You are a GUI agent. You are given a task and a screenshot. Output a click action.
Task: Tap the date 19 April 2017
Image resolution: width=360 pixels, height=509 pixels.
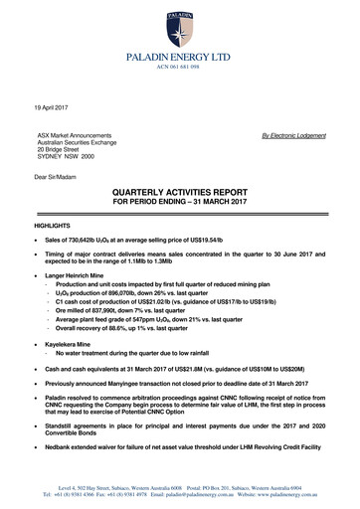(54, 104)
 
